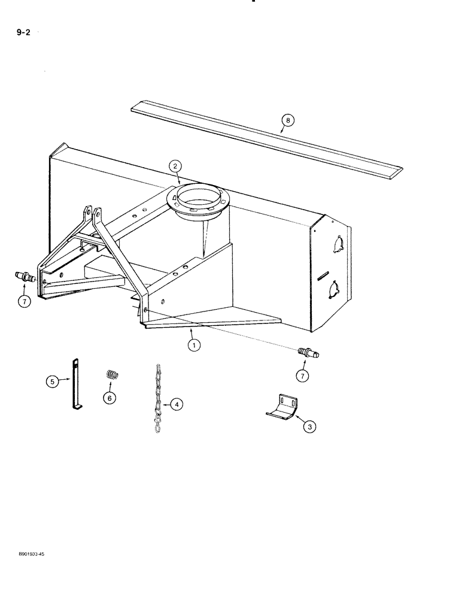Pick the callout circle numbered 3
point(309,426)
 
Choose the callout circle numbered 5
point(109,397)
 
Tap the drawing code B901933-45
point(28,555)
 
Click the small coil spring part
point(112,375)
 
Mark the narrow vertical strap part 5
point(77,384)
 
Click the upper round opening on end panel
point(332,246)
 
